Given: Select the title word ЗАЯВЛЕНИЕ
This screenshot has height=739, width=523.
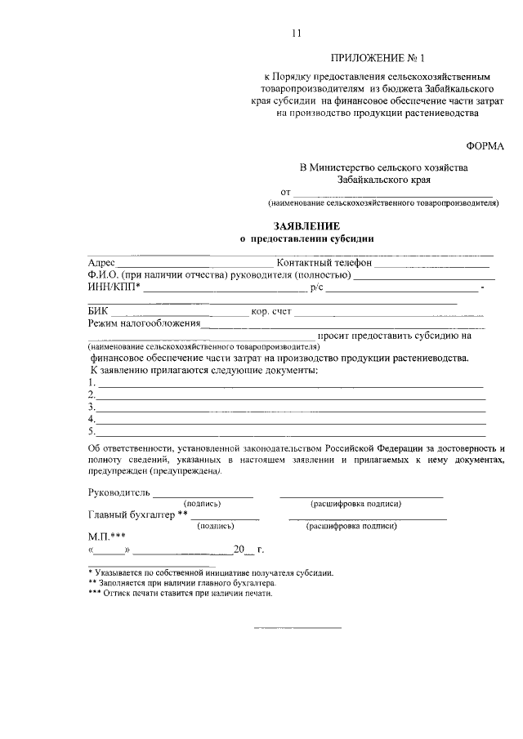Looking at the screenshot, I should pyautogui.click(x=306, y=225).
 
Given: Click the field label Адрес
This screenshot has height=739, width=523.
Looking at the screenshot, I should pyautogui.click(x=101, y=263).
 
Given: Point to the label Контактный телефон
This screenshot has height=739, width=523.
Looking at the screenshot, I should pyautogui.click(x=324, y=263).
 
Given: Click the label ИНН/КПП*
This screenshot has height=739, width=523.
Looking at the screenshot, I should pyautogui.click(x=114, y=287).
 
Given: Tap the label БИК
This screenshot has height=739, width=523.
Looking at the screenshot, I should pyautogui.click(x=97, y=311).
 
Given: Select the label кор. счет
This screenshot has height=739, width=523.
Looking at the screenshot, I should pyautogui.click(x=271, y=311).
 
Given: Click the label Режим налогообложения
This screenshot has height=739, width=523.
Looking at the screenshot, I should pyautogui.click(x=144, y=323).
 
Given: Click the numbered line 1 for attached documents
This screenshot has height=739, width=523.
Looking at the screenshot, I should pyautogui.click(x=286, y=383).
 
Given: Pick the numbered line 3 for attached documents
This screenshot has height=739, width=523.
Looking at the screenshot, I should pyautogui.click(x=286, y=407).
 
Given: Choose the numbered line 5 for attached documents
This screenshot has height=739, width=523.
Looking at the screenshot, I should pyautogui.click(x=286, y=431).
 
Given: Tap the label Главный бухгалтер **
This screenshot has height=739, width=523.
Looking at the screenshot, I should pyautogui.click(x=137, y=514).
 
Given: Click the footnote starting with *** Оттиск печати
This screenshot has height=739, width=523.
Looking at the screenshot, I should pyautogui.click(x=179, y=594).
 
